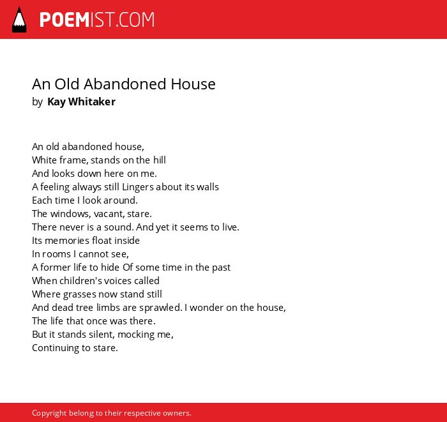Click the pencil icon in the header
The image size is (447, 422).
[19, 20]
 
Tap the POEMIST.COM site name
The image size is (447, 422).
[97, 20]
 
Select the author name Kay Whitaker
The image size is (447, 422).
[81, 102]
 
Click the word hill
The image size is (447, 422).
[160, 160]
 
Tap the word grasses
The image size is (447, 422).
[79, 294]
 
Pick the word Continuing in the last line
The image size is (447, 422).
[56, 348]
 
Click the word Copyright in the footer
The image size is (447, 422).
[49, 413]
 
